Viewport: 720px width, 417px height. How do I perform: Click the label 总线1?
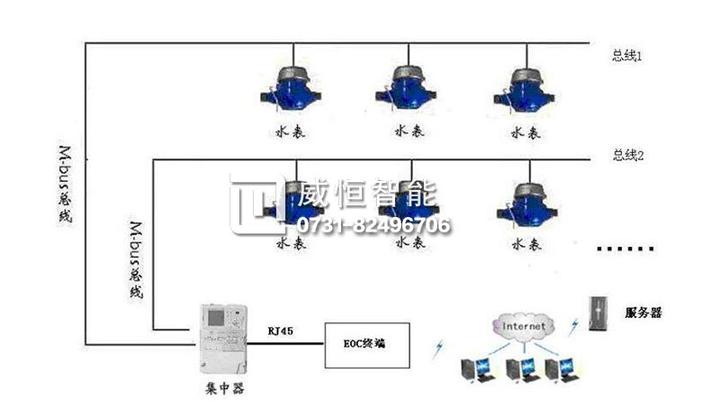click(626, 56)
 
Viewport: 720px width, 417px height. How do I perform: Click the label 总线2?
click(628, 154)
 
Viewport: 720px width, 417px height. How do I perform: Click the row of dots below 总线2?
click(626, 246)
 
